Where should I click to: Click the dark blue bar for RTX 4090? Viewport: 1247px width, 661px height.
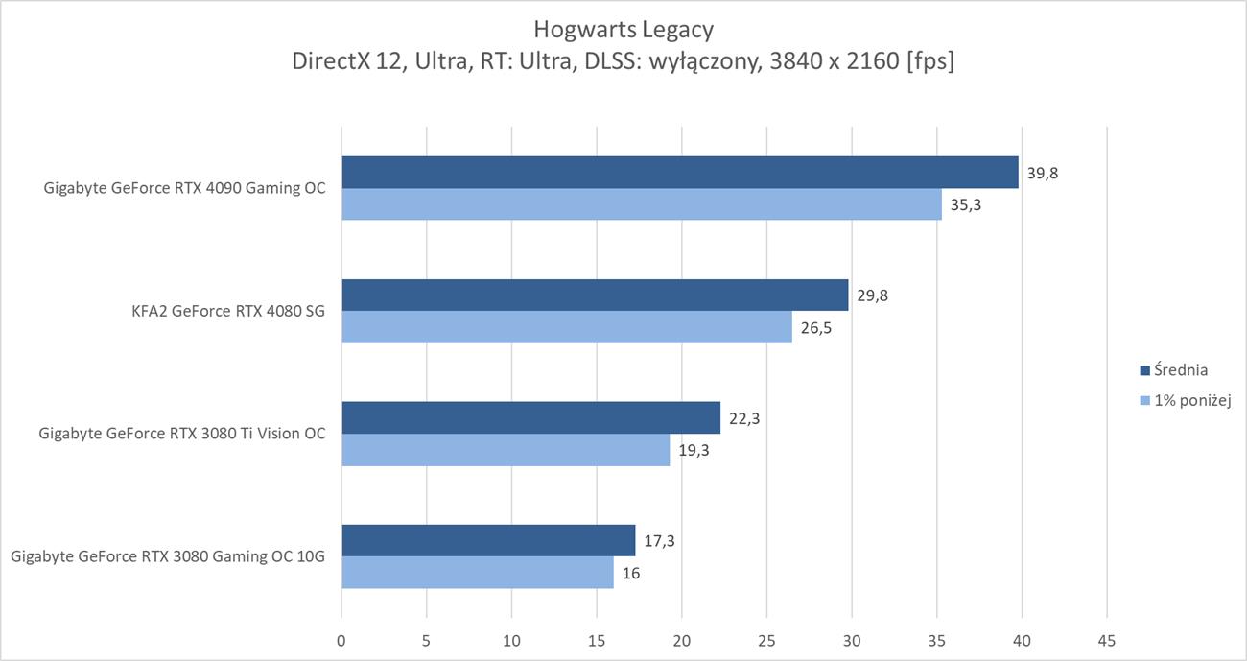point(679,173)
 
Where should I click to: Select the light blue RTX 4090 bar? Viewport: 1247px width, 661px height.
point(641,204)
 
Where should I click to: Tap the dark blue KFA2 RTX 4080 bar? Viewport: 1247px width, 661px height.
point(595,295)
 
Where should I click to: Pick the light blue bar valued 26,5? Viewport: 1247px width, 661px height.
point(566,327)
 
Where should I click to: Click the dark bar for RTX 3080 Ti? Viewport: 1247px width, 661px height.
point(530,417)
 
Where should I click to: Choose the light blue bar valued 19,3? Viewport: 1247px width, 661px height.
point(506,450)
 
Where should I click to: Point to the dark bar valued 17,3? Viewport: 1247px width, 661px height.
point(488,540)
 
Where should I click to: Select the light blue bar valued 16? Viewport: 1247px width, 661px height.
point(477,573)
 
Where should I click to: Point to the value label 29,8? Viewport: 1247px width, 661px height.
point(872,295)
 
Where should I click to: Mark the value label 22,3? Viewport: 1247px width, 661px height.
point(744,417)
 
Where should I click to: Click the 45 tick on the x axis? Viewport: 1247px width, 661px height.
point(1106,639)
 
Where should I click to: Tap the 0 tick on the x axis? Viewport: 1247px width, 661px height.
point(341,639)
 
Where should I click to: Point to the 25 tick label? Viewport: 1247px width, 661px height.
point(766,639)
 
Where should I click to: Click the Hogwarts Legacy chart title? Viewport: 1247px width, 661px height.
point(623,30)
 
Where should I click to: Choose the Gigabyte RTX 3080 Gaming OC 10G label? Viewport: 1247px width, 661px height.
point(168,556)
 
